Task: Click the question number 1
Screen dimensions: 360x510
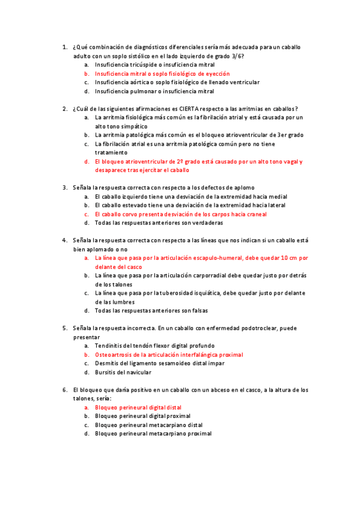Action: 64,46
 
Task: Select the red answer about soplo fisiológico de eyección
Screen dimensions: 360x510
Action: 162,73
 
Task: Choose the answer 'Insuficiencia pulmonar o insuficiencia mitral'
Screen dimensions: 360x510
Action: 154,91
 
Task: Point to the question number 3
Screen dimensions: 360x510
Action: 64,187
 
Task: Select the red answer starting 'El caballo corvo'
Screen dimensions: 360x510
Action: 180,214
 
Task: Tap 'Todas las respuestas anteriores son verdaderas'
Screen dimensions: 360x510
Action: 159,223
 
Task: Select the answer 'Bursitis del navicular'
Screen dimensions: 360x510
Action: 126,373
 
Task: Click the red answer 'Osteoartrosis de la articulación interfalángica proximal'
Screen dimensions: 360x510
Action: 169,355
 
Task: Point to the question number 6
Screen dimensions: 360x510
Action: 64,390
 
